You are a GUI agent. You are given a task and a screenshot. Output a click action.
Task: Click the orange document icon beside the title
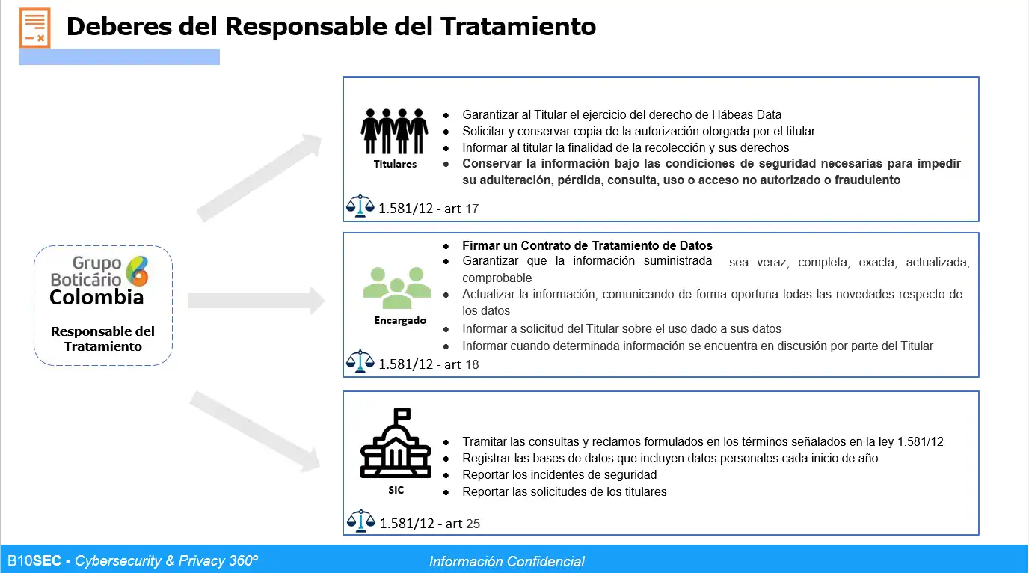[34, 28]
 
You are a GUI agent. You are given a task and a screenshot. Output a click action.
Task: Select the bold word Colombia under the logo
[96, 298]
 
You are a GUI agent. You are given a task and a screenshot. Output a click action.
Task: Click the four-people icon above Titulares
[395, 131]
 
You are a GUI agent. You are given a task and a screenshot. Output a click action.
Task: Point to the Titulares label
[395, 164]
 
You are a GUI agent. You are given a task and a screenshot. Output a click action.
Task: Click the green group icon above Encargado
[397, 285]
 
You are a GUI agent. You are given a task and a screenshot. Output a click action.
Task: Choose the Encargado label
[400, 321]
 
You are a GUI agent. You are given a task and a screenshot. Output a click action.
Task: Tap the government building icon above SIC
[396, 444]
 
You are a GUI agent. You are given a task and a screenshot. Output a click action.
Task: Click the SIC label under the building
[396, 491]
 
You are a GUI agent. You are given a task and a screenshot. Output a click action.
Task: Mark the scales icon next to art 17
[360, 206]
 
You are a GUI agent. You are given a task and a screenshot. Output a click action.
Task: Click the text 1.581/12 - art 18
[429, 364]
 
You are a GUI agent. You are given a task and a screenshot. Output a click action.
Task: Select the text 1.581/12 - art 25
[430, 524]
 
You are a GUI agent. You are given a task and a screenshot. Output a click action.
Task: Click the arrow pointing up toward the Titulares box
[260, 177]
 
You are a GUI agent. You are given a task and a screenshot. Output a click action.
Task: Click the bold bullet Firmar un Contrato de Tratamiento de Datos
[587, 245]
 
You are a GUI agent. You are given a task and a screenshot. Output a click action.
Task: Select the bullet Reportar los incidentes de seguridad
[559, 474]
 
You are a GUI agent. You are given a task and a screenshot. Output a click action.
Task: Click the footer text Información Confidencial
[507, 561]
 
